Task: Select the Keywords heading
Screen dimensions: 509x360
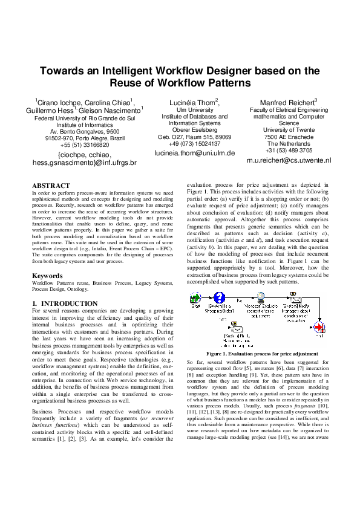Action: coord(47,276)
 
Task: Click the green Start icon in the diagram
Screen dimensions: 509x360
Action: coord(195,299)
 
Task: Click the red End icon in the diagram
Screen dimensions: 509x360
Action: coord(320,327)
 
